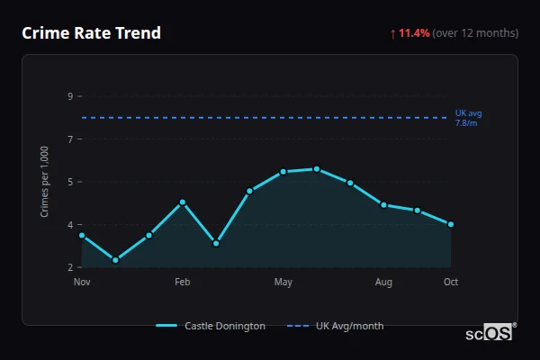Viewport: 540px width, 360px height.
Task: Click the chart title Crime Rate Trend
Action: (x=91, y=33)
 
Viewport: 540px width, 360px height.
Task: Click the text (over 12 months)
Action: (x=475, y=33)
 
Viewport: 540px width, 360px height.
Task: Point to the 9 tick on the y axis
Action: (x=70, y=96)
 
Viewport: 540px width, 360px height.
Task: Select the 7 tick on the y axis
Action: (x=70, y=139)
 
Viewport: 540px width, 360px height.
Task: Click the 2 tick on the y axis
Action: (x=70, y=267)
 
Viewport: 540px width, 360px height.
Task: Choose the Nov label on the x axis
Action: (x=82, y=283)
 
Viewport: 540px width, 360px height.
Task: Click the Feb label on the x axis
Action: (x=182, y=283)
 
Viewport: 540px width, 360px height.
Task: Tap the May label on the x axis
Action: (x=283, y=283)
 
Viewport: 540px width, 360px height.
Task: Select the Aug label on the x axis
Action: (x=384, y=283)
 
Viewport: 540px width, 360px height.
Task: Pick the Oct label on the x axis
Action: (x=451, y=283)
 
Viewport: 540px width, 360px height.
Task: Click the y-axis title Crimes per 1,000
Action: (x=45, y=182)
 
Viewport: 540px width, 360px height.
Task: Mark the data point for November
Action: (x=82, y=235)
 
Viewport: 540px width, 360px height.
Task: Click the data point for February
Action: (x=183, y=202)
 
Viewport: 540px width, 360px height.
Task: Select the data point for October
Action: (x=451, y=224)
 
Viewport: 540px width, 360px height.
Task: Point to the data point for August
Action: (x=384, y=205)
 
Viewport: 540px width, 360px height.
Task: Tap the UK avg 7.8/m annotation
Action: (x=468, y=117)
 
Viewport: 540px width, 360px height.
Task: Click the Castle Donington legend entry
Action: (x=211, y=326)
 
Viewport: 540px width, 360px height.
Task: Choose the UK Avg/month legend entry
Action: (x=335, y=326)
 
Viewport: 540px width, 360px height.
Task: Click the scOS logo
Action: (x=490, y=333)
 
